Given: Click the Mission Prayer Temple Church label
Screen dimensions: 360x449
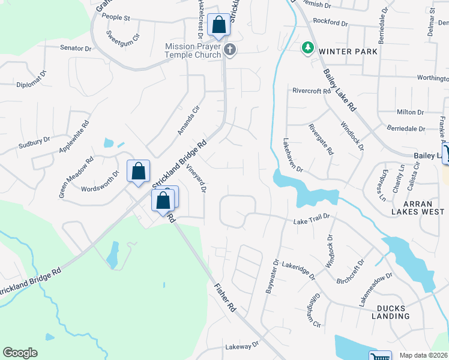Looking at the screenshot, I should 193,50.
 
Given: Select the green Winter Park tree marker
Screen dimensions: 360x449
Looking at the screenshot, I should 308,47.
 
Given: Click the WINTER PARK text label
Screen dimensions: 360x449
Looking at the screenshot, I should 348,52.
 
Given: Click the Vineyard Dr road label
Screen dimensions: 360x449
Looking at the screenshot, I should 196,179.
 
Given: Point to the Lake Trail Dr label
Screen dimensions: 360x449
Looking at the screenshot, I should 312,220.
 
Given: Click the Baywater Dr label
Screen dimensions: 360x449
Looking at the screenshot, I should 272,276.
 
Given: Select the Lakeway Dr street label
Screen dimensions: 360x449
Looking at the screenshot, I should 241,346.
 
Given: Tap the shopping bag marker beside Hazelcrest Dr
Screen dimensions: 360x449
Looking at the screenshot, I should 218,25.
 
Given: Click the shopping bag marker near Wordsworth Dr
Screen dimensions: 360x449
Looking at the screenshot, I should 138,171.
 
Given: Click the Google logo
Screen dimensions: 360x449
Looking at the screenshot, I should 20,353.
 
